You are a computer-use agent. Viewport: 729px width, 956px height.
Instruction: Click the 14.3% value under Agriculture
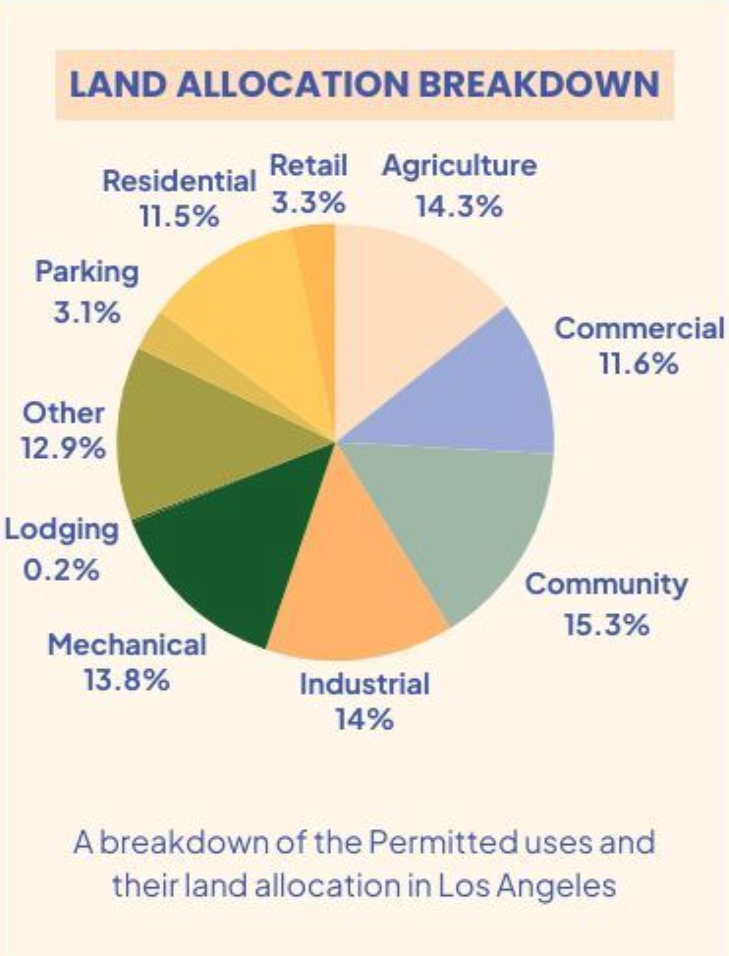click(460, 206)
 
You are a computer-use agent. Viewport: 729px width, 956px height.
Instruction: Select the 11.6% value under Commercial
click(639, 364)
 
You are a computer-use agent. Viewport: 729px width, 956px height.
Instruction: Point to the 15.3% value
click(606, 624)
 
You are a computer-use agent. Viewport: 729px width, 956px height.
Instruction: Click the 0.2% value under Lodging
click(62, 570)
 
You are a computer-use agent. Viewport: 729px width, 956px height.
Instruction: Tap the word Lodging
click(62, 531)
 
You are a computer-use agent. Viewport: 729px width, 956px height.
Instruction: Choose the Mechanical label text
click(127, 645)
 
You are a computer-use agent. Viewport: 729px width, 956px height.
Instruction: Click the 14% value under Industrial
click(364, 719)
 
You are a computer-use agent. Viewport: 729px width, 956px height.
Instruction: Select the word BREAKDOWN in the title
click(540, 84)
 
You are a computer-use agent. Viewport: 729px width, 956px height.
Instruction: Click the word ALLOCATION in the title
click(293, 84)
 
